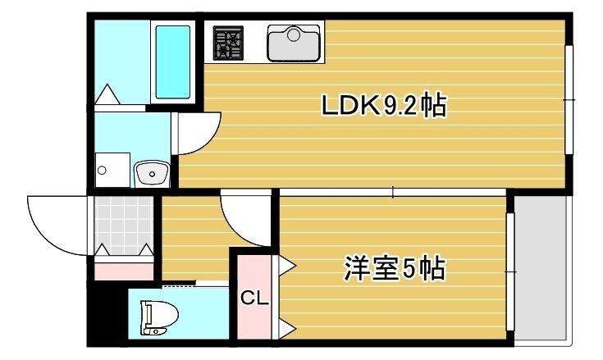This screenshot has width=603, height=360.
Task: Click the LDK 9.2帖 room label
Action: [x=383, y=106]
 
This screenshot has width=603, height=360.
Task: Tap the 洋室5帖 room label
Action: [x=395, y=268]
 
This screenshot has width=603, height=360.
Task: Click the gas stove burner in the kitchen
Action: [x=229, y=42]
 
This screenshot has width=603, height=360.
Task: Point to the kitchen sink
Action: [x=293, y=43]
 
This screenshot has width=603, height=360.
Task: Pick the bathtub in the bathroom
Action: [x=172, y=53]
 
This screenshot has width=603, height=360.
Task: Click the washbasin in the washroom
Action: [x=151, y=173]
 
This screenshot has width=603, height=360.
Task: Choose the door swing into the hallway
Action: [x=246, y=218]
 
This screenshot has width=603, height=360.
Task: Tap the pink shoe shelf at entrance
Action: [x=124, y=269]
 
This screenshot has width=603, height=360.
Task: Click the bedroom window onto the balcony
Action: [x=510, y=270]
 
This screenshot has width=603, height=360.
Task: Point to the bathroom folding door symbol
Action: [x=107, y=93]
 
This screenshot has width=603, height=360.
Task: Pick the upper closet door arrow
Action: [x=287, y=264]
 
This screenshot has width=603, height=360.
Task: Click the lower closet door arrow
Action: [x=287, y=329]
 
